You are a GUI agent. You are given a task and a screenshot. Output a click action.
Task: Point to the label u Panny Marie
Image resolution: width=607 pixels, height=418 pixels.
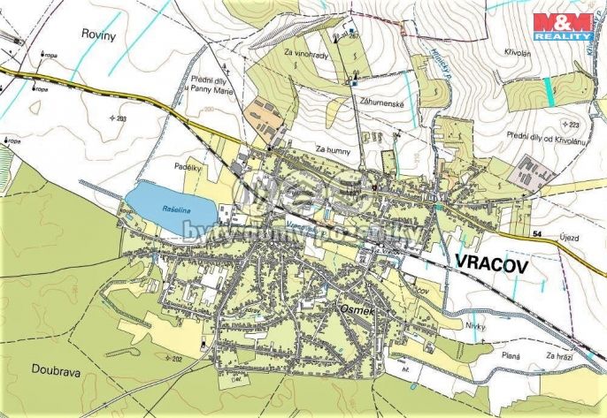[211, 89]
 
